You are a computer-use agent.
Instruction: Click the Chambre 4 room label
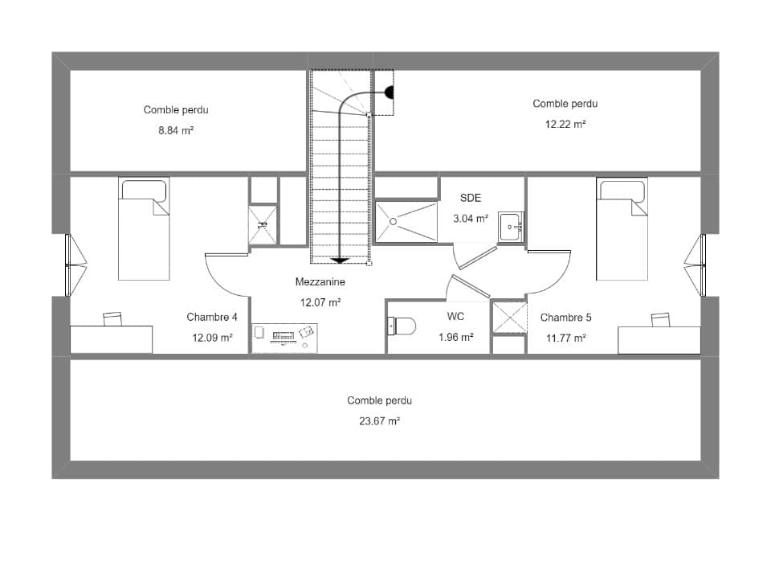[212, 317]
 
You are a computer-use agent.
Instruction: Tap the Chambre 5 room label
[565, 318]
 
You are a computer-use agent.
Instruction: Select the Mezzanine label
[320, 282]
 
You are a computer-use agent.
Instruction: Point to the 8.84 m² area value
[176, 130]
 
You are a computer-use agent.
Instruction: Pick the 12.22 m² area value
[565, 124]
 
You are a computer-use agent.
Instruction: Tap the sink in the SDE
[510, 227]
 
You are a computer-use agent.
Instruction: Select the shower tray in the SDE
[406, 220]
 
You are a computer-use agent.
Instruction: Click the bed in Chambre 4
[144, 228]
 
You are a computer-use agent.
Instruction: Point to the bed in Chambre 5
[622, 228]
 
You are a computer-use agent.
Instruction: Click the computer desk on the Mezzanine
[284, 338]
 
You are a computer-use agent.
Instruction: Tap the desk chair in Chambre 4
[112, 319]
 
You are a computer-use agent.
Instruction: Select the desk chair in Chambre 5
[660, 319]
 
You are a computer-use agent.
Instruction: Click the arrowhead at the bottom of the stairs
[341, 260]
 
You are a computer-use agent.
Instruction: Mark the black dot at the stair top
[389, 93]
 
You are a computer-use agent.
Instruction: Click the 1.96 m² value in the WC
[455, 338]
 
